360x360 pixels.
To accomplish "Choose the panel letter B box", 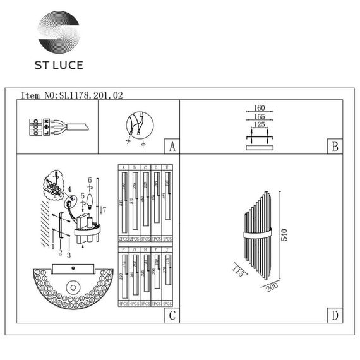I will click(335, 147).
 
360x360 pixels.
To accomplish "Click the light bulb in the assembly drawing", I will click(89, 201).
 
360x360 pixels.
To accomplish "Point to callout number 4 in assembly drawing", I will click(69, 188).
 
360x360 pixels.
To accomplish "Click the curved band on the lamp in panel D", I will click(262, 235).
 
